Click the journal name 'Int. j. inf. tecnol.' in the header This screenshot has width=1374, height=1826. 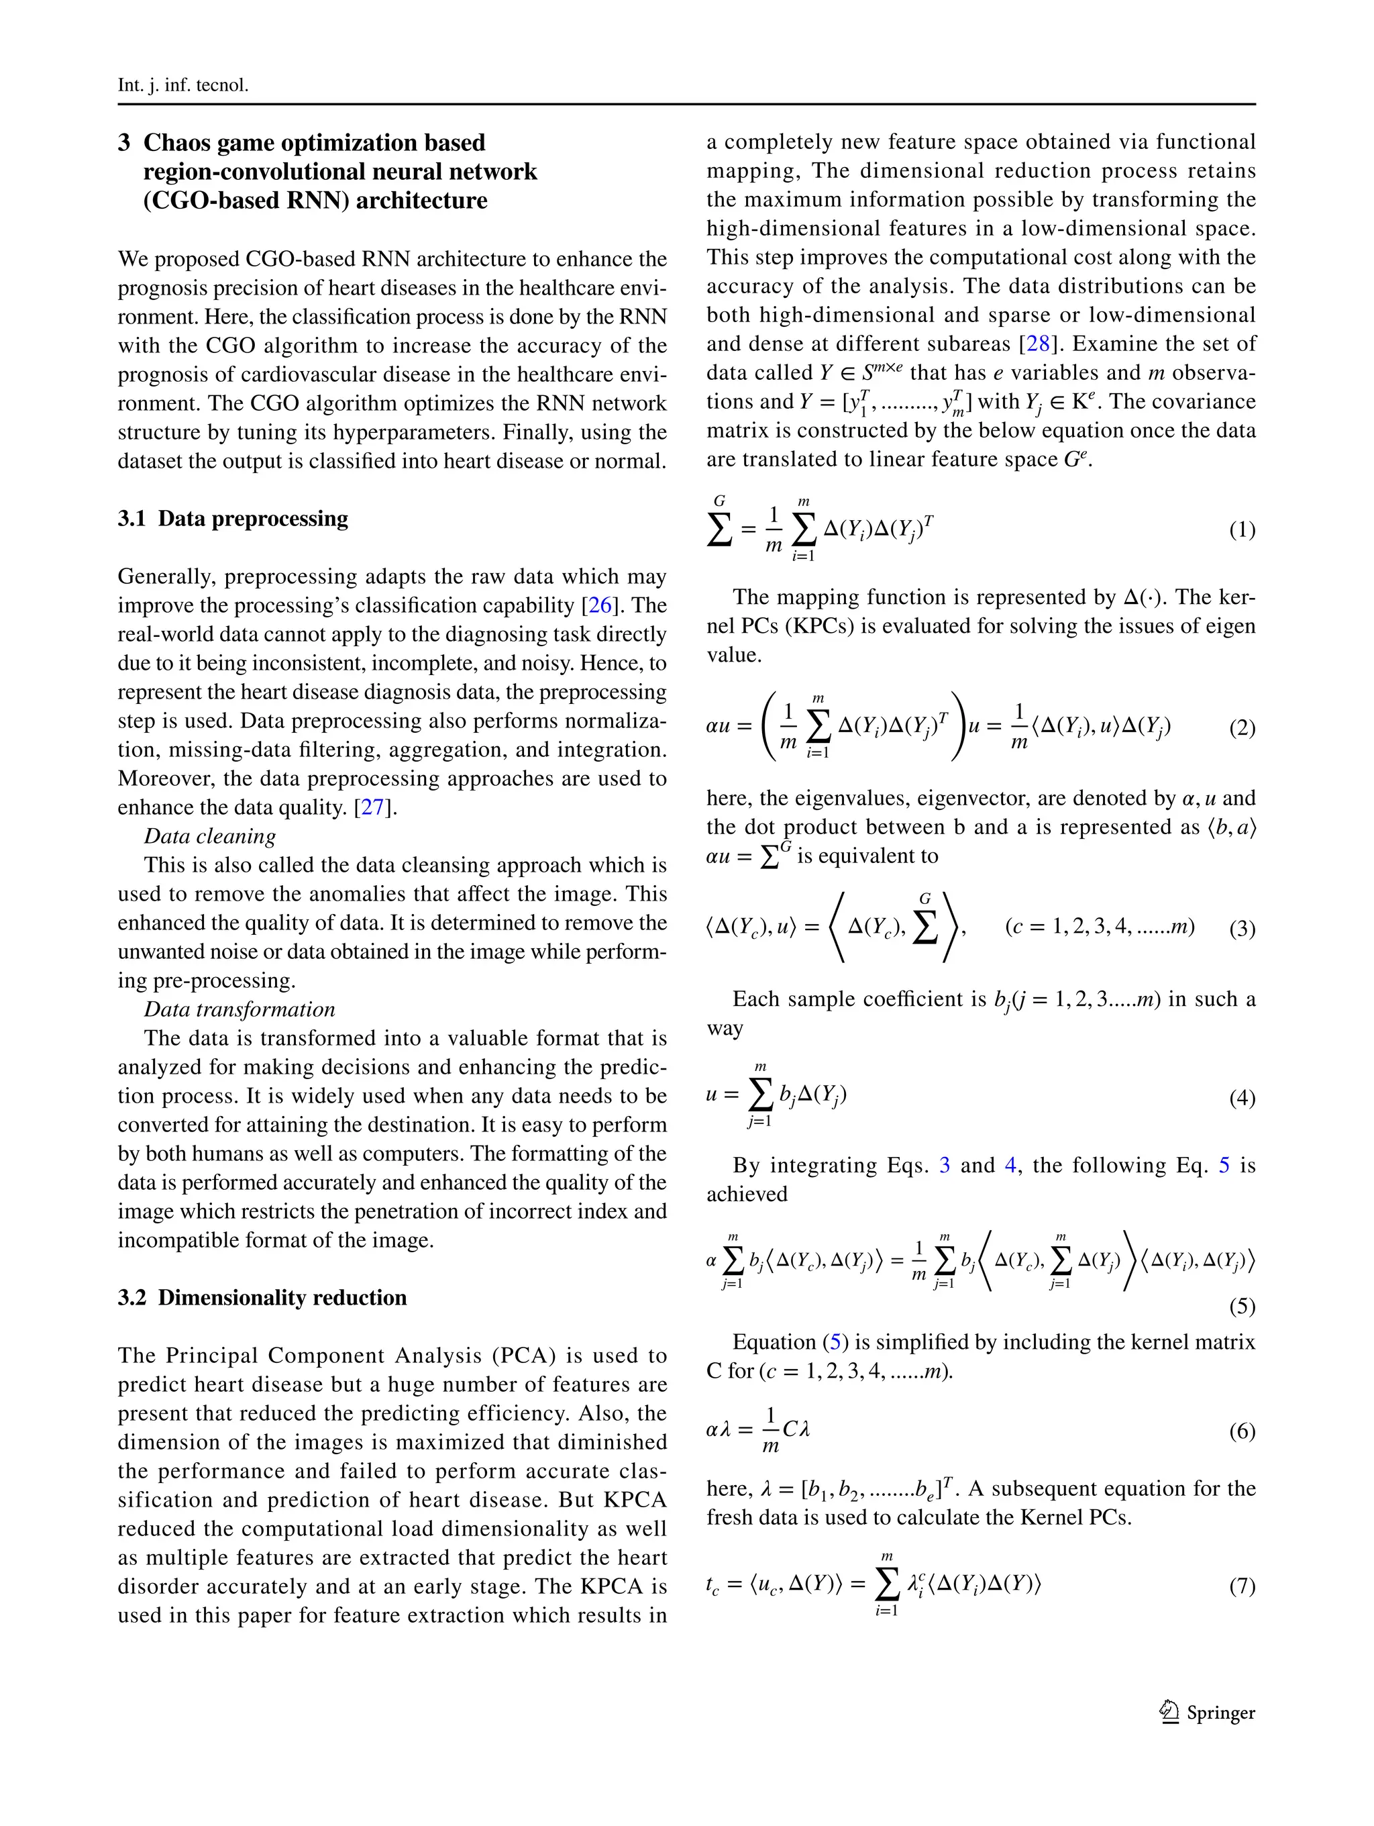tap(182, 85)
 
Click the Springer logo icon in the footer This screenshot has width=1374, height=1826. tap(1169, 1712)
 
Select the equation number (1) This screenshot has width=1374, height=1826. tap(1242, 529)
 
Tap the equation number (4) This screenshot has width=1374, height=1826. tap(1242, 1097)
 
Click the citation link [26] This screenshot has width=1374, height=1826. tap(600, 605)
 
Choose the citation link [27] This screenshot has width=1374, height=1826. tap(373, 807)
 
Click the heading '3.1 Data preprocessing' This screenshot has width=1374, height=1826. tap(233, 519)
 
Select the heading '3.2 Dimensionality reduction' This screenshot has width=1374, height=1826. tap(262, 1298)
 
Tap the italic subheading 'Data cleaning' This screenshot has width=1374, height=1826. tap(209, 836)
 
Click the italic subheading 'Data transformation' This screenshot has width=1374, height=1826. tap(240, 1009)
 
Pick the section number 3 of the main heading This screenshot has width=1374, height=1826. tap(124, 143)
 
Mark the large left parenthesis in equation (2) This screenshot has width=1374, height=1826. tap(768, 726)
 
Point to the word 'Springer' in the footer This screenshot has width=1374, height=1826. tap(1220, 1713)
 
